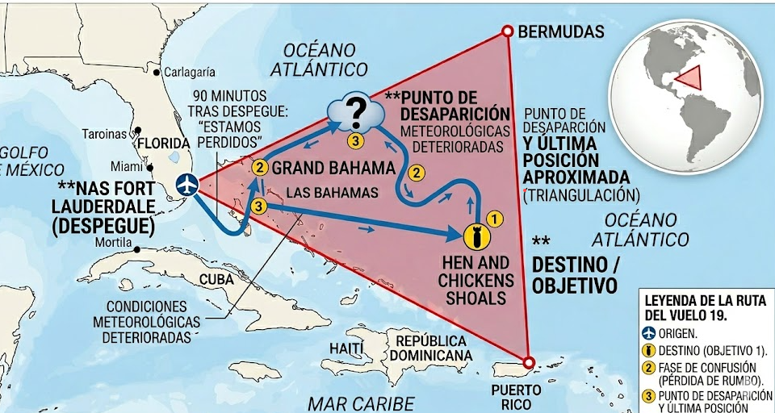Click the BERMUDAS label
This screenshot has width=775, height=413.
tap(561, 32)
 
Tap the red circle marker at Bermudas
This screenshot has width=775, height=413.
tap(507, 31)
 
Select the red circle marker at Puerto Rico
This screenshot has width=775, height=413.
tap(529, 362)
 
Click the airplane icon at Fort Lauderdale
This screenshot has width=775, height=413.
tap(187, 184)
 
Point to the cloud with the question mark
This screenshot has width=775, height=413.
tap(355, 113)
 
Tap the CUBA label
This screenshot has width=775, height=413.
tap(216, 279)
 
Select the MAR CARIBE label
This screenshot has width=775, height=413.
tap(361, 403)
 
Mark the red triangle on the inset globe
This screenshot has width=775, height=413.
tap(689, 78)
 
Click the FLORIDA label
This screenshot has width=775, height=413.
tap(164, 144)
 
